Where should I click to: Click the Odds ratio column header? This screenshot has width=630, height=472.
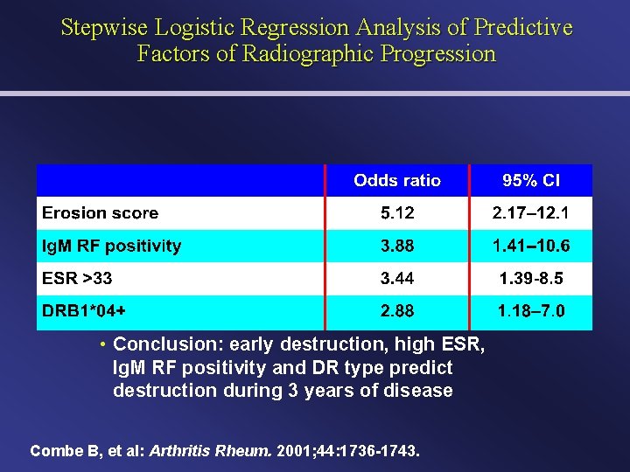click(x=397, y=181)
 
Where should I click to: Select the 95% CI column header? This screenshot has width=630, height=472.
click(x=531, y=181)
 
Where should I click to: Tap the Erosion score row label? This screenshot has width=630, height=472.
click(x=101, y=213)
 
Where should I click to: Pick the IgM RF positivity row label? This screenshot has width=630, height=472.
click(x=112, y=246)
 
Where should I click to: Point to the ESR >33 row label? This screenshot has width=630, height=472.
click(x=78, y=279)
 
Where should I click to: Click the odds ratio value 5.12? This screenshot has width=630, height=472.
click(x=397, y=213)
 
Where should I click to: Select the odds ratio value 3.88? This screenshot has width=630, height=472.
click(x=397, y=246)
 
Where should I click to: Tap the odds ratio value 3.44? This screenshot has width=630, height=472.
click(x=397, y=279)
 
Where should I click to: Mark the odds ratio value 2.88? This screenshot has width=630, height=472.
click(x=397, y=311)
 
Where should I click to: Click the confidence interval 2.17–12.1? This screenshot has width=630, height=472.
click(x=531, y=213)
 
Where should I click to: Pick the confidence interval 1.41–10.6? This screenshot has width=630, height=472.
click(x=531, y=246)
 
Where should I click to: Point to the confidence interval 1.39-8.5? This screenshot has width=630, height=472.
click(x=531, y=279)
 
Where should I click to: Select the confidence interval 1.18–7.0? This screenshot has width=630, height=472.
click(x=531, y=311)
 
